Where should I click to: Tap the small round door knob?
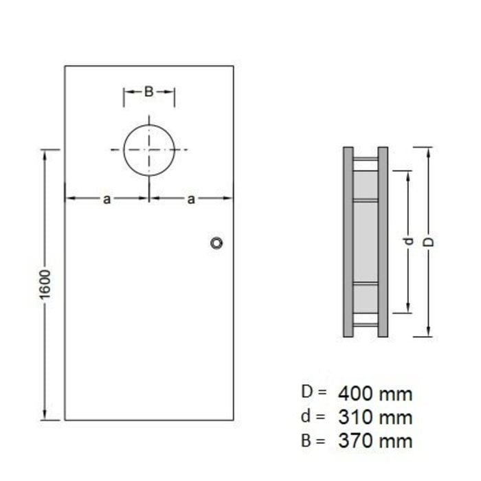click(217, 243)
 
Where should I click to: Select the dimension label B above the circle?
click(148, 91)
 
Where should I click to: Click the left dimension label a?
click(107, 199)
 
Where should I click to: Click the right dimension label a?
click(191, 199)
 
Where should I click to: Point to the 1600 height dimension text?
click(45, 282)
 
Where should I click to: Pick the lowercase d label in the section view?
click(407, 241)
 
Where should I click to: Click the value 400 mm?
click(375, 394)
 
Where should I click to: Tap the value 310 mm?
click(375, 417)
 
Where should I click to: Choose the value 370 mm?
click(375, 440)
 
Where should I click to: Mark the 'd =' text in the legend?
click(313, 416)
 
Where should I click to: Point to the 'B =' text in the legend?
click(313, 440)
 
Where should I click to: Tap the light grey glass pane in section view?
click(366, 240)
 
